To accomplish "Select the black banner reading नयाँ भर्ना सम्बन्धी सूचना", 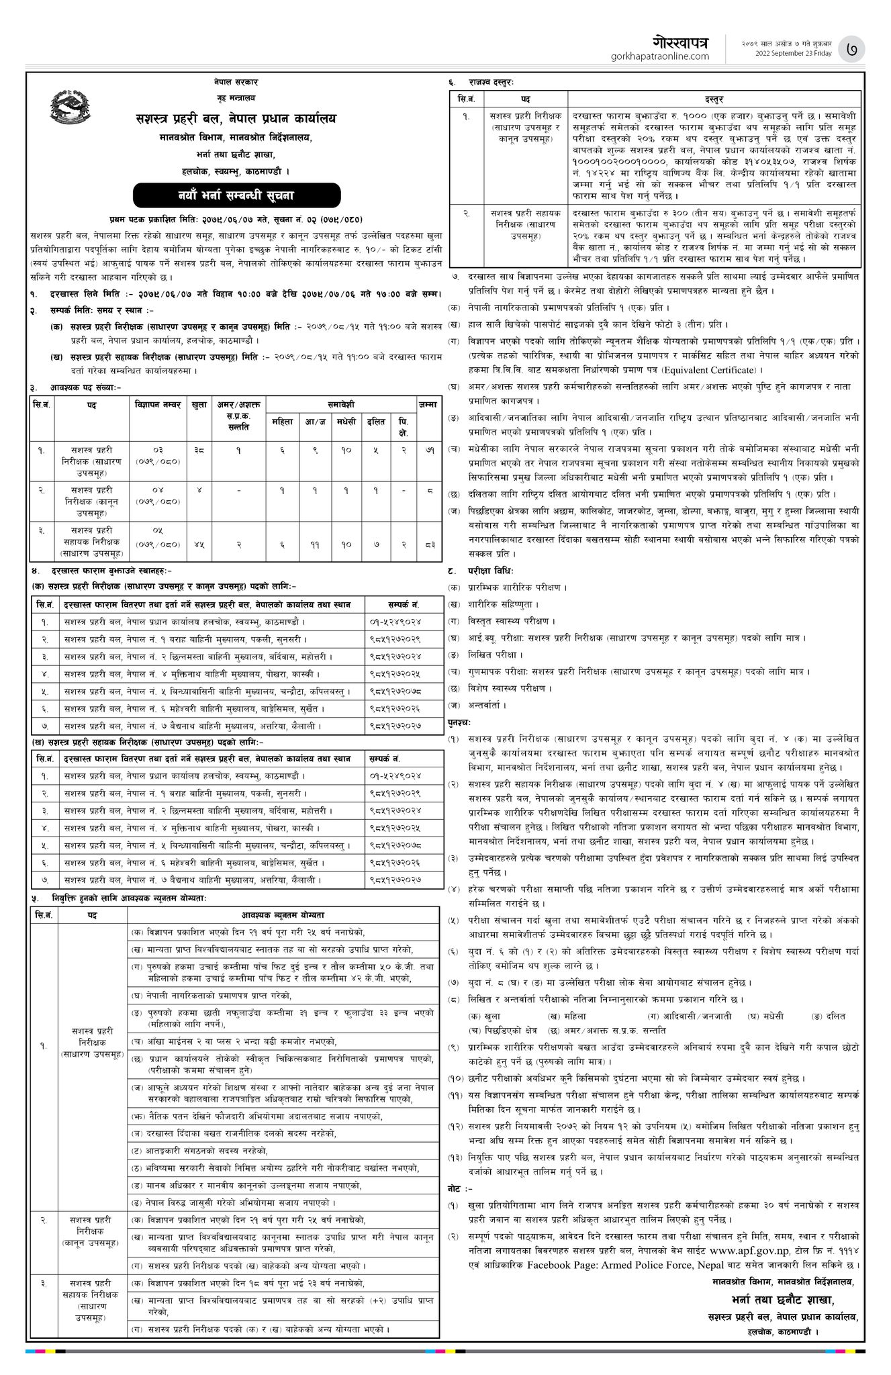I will pyautogui.click(x=236, y=196).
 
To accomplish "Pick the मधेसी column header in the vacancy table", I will pyautogui.click(x=345, y=422).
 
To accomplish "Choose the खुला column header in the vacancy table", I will pyautogui.click(x=199, y=405).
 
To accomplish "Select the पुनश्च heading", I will pyautogui.click(x=460, y=722).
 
